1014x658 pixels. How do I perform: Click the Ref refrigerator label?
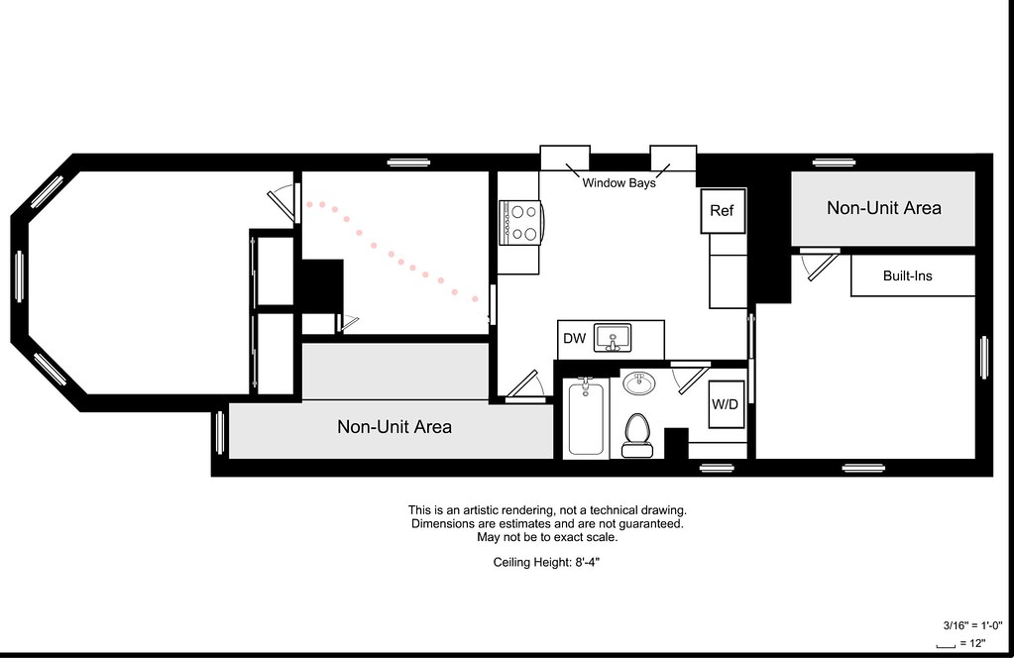tap(722, 211)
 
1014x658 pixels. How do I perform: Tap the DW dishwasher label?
tap(574, 338)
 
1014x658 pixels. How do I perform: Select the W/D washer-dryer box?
tap(726, 404)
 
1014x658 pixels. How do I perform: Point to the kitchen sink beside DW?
tap(613, 338)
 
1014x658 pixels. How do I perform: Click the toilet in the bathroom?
tap(637, 435)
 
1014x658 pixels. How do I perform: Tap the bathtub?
tap(586, 417)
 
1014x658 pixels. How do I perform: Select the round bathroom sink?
tap(639, 384)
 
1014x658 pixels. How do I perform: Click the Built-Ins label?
tap(907, 276)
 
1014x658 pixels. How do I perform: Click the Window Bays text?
tap(619, 183)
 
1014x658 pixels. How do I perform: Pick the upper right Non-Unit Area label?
tap(883, 208)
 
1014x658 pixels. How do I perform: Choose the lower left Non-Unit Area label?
tap(394, 426)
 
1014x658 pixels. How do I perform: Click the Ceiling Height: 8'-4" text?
tap(546, 562)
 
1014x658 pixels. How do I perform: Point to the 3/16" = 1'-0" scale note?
tap(972, 625)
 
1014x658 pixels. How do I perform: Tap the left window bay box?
tap(565, 158)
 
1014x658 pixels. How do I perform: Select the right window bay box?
tap(673, 158)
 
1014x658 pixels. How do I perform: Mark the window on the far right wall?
tap(984, 358)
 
